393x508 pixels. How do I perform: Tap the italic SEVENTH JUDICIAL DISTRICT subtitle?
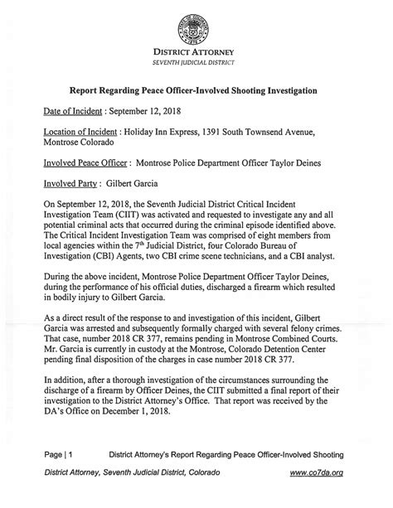pyautogui.click(x=197, y=63)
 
